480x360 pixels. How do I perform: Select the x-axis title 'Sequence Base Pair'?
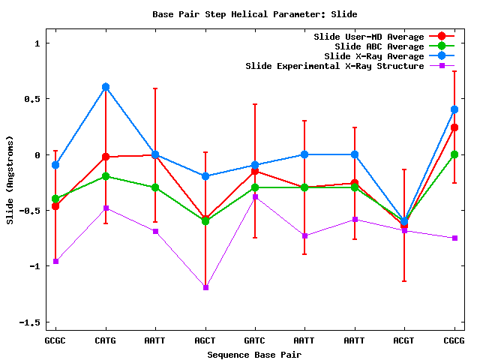click(x=254, y=354)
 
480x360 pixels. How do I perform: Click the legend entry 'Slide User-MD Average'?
click(x=368, y=37)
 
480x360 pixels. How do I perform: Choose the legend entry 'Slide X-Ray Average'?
click(x=374, y=56)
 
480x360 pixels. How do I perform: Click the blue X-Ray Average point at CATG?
click(x=106, y=87)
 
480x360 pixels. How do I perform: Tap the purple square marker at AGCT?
click(x=205, y=287)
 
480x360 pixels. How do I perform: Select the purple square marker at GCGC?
click(x=55, y=261)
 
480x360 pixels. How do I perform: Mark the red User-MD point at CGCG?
click(x=454, y=127)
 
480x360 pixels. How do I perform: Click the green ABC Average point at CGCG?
click(x=454, y=154)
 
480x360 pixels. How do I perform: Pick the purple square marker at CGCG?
click(x=454, y=238)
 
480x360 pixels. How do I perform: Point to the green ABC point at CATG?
click(x=106, y=176)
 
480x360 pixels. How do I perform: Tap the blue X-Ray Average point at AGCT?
click(x=205, y=176)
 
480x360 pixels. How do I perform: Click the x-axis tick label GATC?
click(x=255, y=340)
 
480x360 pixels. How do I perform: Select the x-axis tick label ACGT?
click(x=404, y=340)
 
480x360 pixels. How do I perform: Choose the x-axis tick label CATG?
click(x=106, y=340)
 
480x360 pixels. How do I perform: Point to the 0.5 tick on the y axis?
click(x=32, y=99)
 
